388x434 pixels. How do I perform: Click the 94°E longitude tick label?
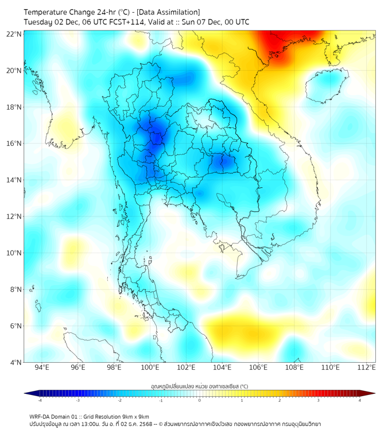click(x=42, y=367)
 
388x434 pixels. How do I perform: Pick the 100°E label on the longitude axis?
click(x=150, y=367)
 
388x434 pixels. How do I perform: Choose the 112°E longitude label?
click(x=367, y=367)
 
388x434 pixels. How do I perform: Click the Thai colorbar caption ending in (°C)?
click(x=199, y=386)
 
